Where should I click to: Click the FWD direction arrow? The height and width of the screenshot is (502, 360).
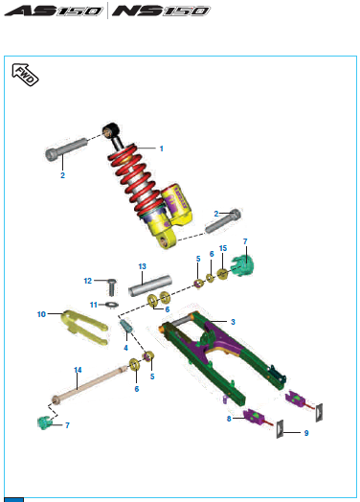(x=25, y=75)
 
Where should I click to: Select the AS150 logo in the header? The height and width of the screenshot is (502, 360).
(x=54, y=11)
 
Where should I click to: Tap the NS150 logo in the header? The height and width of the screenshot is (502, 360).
(x=161, y=11)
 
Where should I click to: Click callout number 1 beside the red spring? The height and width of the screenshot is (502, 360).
(x=162, y=148)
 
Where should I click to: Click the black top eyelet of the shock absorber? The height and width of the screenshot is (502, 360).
(x=111, y=129)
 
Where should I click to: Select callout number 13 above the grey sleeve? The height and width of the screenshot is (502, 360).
(x=143, y=266)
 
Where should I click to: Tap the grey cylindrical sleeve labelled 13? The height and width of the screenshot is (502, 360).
(x=149, y=285)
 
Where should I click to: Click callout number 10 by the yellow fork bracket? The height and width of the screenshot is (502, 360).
(x=41, y=314)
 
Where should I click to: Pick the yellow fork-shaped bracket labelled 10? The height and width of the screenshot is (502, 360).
(x=84, y=327)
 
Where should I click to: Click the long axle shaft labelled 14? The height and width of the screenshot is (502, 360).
(x=91, y=383)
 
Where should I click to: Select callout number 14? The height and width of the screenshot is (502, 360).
(x=78, y=370)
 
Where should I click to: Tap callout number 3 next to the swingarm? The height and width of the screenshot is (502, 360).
(x=233, y=322)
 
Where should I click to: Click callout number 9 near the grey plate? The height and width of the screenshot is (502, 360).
(x=306, y=433)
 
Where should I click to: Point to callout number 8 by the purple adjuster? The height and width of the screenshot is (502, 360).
(x=229, y=419)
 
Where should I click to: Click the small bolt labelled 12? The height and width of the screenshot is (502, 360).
(x=111, y=287)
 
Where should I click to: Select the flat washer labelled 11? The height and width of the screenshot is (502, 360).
(x=112, y=304)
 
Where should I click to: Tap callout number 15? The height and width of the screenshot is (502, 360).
(x=223, y=248)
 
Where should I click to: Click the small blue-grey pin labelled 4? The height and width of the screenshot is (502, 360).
(x=126, y=326)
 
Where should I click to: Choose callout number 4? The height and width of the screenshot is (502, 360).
(x=125, y=348)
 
